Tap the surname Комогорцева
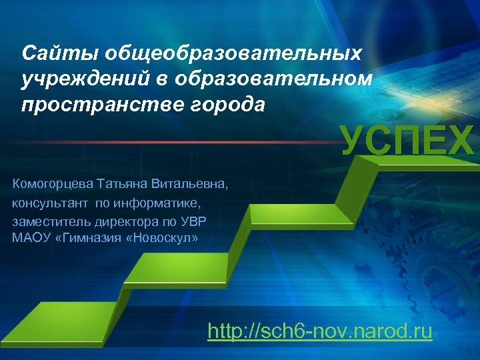tap(54, 183)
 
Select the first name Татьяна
tap(124, 183)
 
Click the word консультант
tap(51, 201)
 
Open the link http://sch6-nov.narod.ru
tap(320, 331)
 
